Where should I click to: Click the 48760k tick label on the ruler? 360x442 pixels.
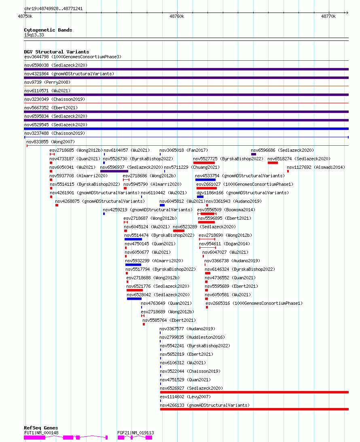[x=177, y=16]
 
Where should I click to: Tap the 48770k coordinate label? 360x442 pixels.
[x=328, y=16]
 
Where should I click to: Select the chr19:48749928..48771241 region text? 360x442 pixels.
[x=53, y=8]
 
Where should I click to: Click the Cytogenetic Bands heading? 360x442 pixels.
[x=48, y=30]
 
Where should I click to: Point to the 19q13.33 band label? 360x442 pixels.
[x=34, y=35]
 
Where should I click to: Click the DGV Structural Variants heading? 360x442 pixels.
[x=56, y=51]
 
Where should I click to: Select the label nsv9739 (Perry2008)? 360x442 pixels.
[x=47, y=82]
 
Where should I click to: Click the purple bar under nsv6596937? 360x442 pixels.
[x=114, y=171]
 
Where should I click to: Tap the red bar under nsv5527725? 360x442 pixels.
[x=204, y=163]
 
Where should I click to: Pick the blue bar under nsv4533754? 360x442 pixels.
[x=205, y=180]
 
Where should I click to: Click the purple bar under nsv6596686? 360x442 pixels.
[x=254, y=154]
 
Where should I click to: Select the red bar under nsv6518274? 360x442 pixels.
[x=273, y=163]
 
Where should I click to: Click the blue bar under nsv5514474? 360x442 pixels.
[x=133, y=239]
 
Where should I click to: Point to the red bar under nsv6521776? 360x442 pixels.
[x=135, y=290]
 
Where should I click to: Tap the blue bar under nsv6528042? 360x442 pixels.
[x=134, y=299]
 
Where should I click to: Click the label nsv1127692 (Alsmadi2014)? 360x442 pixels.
[x=316, y=167]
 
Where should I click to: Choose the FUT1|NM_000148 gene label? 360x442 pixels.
[x=41, y=433]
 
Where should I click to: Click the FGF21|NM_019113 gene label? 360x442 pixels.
[x=136, y=433]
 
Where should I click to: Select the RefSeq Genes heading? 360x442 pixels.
[x=41, y=427]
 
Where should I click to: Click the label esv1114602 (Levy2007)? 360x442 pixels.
[x=185, y=397]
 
